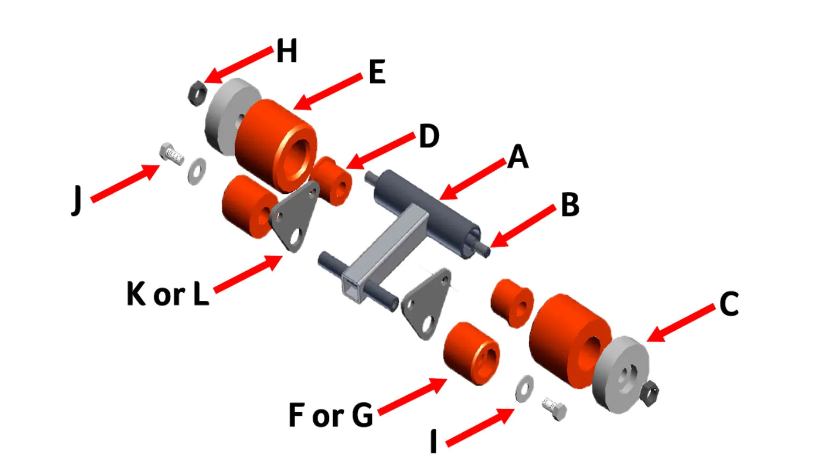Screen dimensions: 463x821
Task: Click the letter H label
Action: pos(286,51)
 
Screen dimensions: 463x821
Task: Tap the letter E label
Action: pos(377,71)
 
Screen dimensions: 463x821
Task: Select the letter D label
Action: pos(429,136)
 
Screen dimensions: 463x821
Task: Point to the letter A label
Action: pos(518,157)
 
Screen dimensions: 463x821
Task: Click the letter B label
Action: pos(570,205)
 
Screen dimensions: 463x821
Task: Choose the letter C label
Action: pos(729,304)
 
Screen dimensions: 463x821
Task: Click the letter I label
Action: pos(434,441)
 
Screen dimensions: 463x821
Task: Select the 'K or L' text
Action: pos(167,294)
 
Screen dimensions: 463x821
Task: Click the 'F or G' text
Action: pos(330,415)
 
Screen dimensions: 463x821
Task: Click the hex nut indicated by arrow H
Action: pos(197,93)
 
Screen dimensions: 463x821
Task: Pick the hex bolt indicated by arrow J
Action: pos(171,154)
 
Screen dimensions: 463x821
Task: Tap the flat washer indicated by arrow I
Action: pos(524,388)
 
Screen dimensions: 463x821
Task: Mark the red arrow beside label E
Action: pos(328,92)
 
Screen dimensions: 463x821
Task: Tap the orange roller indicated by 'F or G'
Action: pos(471,353)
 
